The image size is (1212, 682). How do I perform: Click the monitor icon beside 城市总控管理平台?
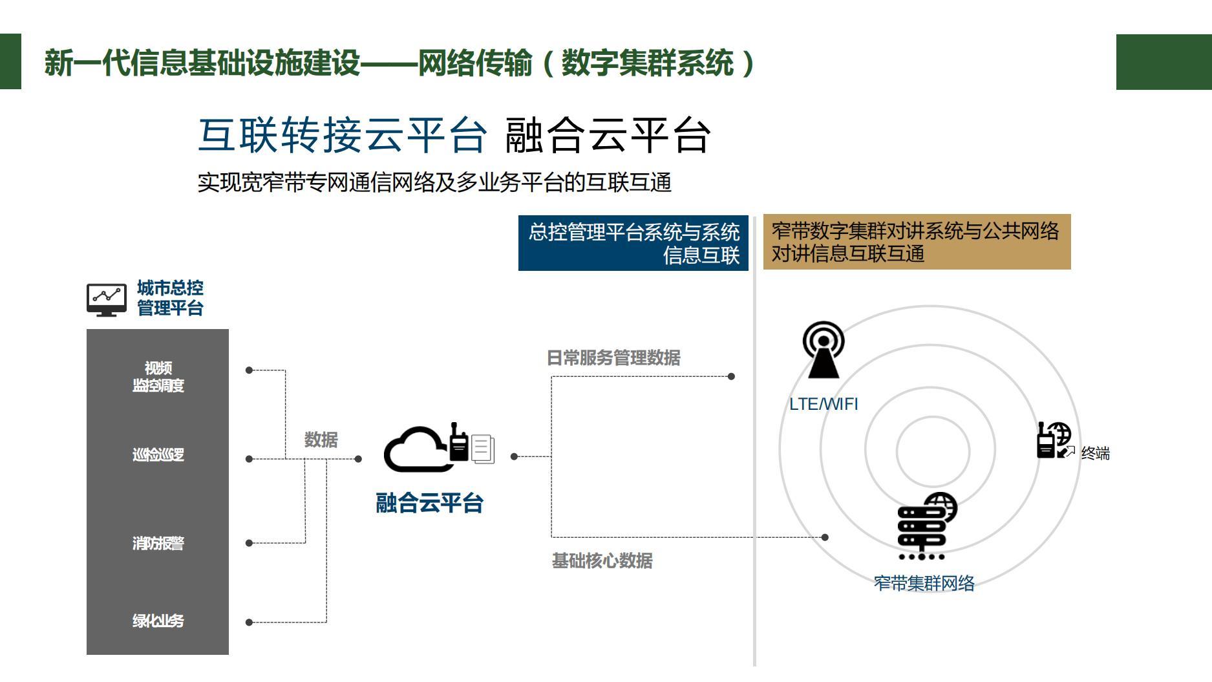(107, 299)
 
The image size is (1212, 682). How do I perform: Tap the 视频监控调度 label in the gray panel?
(158, 377)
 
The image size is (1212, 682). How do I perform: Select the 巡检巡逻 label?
(158, 455)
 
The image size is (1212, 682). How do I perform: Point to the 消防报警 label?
(158, 543)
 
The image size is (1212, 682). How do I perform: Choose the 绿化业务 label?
(158, 621)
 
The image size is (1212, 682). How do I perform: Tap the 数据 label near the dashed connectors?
(321, 440)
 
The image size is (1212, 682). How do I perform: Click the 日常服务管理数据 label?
(613, 358)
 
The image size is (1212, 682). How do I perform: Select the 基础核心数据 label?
(602, 560)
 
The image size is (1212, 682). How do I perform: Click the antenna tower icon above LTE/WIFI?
(823, 350)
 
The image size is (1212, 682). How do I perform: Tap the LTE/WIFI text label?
(824, 404)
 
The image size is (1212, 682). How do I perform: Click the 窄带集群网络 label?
(924, 584)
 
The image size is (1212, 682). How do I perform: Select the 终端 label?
(1095, 454)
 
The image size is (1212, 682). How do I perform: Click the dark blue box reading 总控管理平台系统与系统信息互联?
(633, 243)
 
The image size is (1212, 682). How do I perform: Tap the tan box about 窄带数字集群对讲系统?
(917, 242)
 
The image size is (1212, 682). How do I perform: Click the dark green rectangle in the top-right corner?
(1164, 62)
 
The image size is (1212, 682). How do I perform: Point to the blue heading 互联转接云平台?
(342, 136)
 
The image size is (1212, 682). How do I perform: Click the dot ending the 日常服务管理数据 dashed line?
(731, 376)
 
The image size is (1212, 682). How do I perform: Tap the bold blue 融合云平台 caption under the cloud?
(429, 504)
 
